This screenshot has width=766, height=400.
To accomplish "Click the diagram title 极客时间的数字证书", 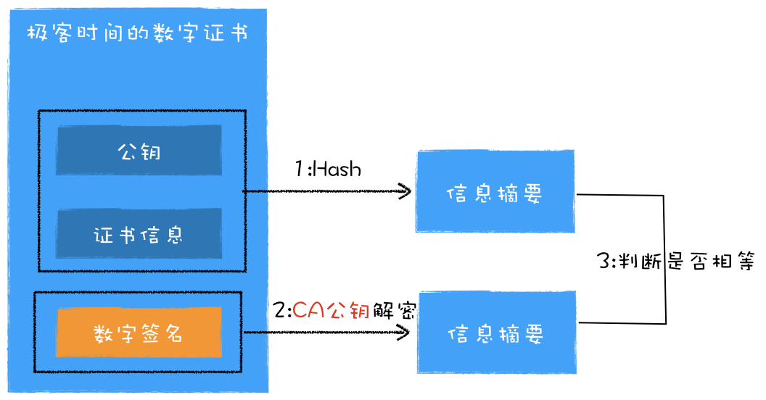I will [x=137, y=34].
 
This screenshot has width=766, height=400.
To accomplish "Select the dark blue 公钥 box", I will [x=139, y=151].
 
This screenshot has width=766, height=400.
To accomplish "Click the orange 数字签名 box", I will [x=139, y=333].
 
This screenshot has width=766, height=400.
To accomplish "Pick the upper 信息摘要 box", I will [x=495, y=193].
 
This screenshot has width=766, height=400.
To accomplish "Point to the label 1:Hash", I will [x=328, y=169].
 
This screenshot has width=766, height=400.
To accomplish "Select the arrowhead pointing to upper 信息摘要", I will [x=406, y=192].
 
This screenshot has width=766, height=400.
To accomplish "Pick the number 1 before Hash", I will [x=300, y=169].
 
